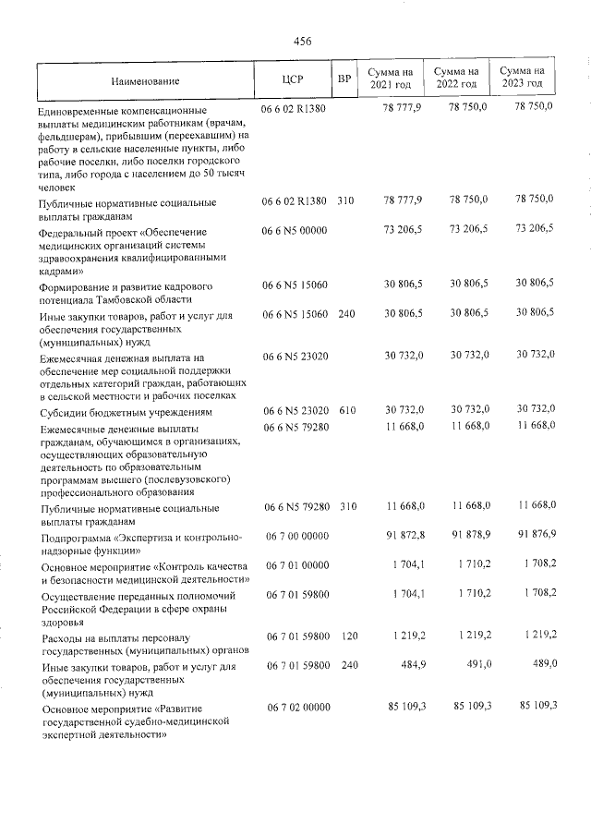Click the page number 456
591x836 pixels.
[302, 41]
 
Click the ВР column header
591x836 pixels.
[344, 79]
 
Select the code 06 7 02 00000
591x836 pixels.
[297, 708]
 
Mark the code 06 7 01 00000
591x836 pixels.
[297, 564]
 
